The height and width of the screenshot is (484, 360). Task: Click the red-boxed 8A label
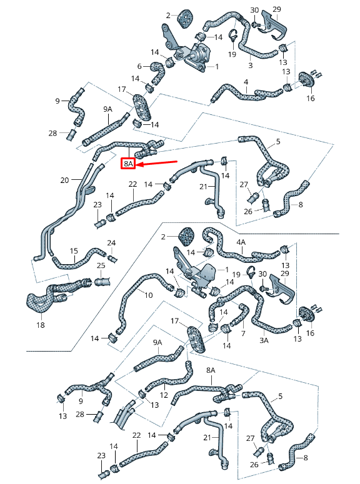click(128, 164)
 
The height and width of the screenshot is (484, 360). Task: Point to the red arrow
click(156, 163)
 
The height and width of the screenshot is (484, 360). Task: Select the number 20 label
click(64, 180)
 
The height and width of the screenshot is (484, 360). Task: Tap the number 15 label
click(74, 251)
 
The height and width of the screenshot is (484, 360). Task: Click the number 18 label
click(41, 325)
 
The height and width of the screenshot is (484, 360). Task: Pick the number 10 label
click(149, 295)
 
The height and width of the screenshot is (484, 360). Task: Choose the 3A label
click(264, 340)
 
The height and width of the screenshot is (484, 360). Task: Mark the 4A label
click(241, 242)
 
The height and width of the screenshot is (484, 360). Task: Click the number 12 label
click(164, 395)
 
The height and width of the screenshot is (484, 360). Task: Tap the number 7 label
click(243, 333)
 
